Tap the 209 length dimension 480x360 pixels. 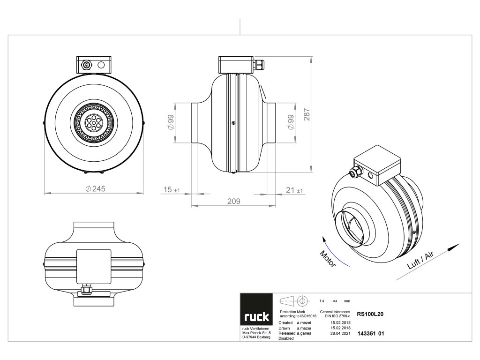coord(233,201)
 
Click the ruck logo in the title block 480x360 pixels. coord(256,317)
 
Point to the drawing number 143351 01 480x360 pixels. coord(370,334)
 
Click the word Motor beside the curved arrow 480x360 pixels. coord(328,259)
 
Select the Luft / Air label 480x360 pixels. coord(420,260)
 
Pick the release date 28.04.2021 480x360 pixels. coord(340,333)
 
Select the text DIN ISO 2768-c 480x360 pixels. coord(335,316)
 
